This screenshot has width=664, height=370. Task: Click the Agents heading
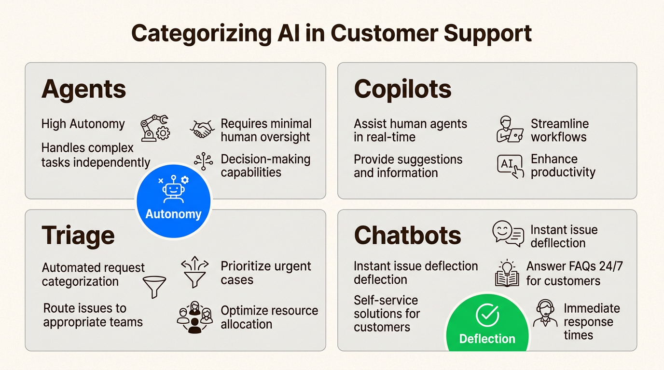[83, 90]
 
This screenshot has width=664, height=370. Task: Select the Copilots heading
[402, 90]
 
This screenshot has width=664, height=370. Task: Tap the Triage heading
[78, 236]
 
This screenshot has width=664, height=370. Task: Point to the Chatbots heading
[407, 236]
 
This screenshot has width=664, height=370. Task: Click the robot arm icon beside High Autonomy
[155, 127]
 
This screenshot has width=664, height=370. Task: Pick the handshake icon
[203, 129]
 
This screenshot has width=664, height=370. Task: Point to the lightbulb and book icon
[507, 273]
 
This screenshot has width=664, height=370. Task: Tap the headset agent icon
[545, 314]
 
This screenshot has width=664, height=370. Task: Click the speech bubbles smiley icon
[508, 234]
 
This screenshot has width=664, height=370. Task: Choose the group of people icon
[194, 317]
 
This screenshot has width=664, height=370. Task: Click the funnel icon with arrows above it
[195, 273]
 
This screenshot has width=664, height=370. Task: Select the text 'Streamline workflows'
[559, 130]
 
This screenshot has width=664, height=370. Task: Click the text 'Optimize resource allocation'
[269, 317]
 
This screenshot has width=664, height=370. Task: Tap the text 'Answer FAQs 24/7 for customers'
[574, 273]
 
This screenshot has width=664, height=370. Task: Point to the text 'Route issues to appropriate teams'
[93, 315]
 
